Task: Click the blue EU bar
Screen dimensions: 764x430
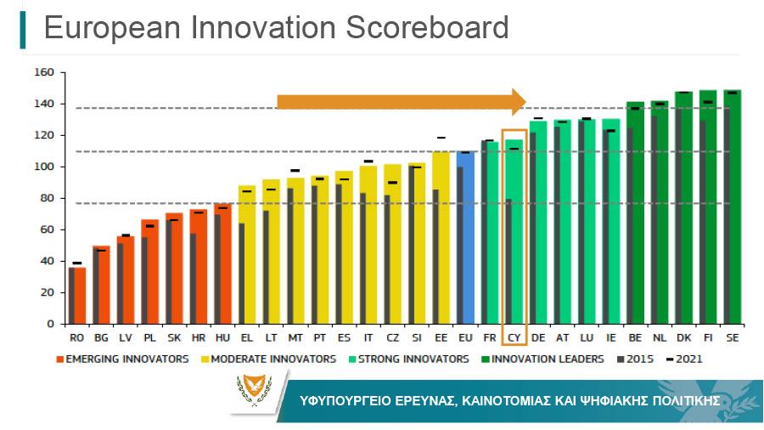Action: (x=465, y=237)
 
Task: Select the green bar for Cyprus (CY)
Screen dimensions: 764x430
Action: (x=514, y=232)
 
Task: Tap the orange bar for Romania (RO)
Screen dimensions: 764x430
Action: (x=77, y=296)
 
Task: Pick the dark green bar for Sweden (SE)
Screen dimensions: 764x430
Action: (x=733, y=207)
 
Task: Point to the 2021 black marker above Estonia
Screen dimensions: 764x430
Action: (x=441, y=138)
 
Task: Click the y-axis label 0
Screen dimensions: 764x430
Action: (x=50, y=324)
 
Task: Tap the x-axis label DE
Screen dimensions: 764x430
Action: (x=538, y=338)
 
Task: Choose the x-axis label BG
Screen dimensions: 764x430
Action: (x=101, y=338)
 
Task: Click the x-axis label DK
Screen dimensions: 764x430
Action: (x=683, y=338)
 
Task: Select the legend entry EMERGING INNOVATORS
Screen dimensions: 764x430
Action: (x=122, y=359)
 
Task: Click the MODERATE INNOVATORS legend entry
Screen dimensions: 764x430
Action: (x=268, y=359)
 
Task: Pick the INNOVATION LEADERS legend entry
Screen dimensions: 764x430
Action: (x=542, y=359)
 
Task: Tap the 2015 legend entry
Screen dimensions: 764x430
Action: (x=635, y=359)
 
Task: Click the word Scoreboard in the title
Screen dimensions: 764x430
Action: (x=427, y=27)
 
